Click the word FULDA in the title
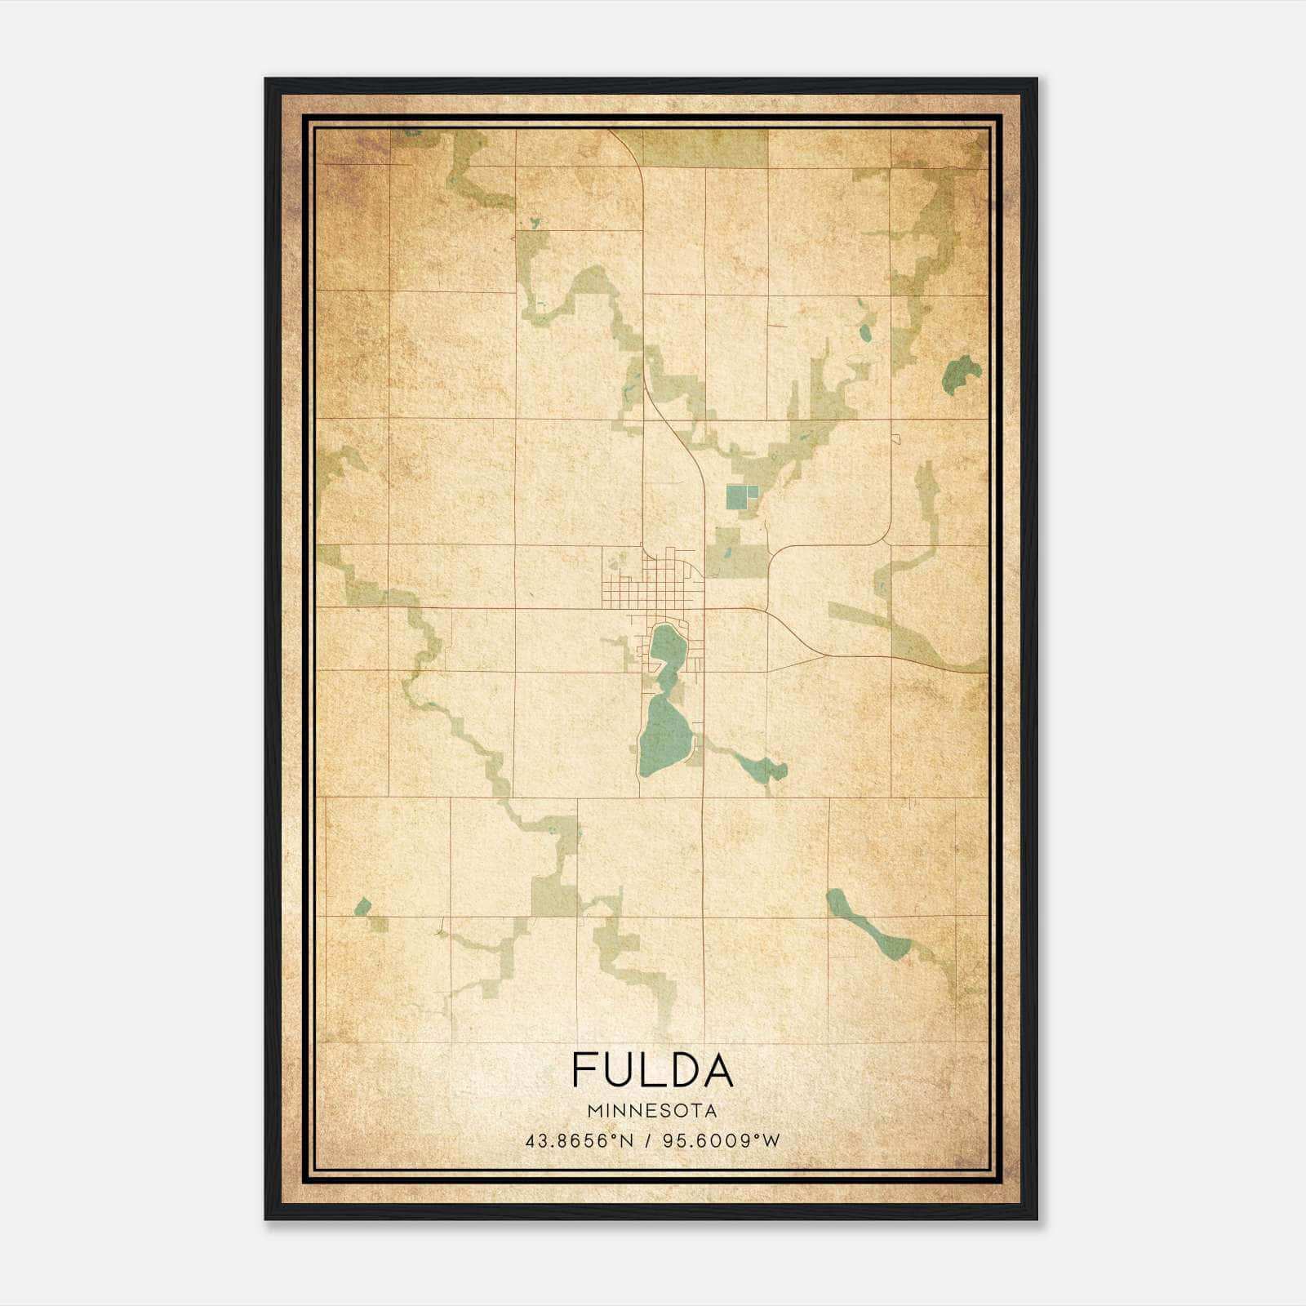(652, 1070)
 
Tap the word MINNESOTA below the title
(652, 1110)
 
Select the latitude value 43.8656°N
(580, 1141)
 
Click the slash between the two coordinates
(647, 1141)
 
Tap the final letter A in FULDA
(717, 1070)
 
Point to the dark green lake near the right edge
(962, 374)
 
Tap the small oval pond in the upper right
(864, 332)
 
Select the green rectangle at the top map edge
(705, 148)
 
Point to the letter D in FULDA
(682, 1070)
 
